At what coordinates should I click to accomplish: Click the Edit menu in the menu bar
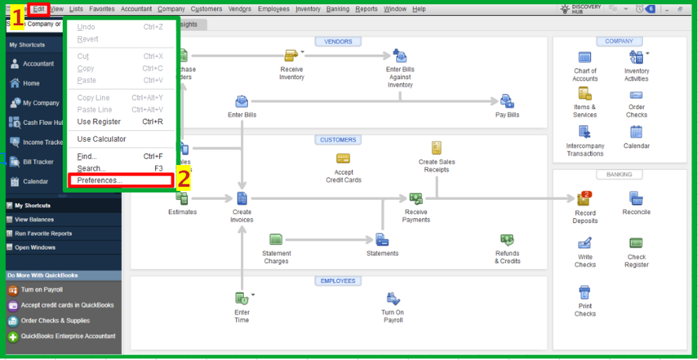(x=38, y=9)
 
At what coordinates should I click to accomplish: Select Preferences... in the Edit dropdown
(x=99, y=180)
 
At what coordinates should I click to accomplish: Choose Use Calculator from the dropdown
(x=101, y=139)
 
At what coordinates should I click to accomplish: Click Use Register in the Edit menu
(x=99, y=122)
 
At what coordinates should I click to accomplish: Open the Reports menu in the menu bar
(x=366, y=9)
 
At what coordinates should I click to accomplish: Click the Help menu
(x=419, y=9)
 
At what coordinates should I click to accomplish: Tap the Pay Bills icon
(x=507, y=102)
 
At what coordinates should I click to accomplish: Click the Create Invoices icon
(x=242, y=199)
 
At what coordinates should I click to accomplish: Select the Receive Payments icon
(x=416, y=199)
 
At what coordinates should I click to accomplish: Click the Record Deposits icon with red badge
(x=584, y=199)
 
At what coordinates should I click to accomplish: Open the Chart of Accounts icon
(x=585, y=57)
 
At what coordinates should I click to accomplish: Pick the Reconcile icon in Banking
(x=636, y=199)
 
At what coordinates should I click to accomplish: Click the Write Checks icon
(x=585, y=244)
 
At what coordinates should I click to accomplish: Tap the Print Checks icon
(x=585, y=292)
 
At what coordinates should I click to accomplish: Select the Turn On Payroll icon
(x=393, y=299)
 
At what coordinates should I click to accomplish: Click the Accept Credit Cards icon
(x=343, y=159)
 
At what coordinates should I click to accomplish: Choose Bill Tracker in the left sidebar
(x=38, y=162)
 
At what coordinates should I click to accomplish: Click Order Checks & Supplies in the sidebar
(x=55, y=321)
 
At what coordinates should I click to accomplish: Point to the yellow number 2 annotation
(x=183, y=179)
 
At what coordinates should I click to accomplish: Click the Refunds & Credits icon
(x=507, y=240)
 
